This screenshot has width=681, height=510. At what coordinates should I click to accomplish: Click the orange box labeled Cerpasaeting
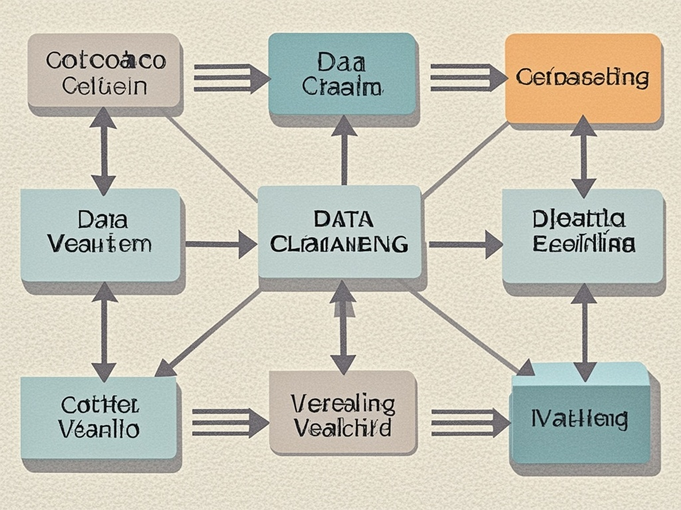(583, 78)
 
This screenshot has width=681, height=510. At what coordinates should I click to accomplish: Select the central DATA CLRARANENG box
(339, 231)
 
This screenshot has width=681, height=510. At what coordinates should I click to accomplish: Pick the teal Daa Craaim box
(342, 74)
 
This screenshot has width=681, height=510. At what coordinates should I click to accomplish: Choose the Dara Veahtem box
(100, 233)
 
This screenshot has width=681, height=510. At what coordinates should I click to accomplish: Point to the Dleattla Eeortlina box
(583, 232)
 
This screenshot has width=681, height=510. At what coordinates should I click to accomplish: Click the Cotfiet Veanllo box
(99, 417)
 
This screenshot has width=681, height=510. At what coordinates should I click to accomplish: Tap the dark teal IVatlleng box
(581, 418)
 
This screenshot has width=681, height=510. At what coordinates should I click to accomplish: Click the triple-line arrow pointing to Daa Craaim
(230, 78)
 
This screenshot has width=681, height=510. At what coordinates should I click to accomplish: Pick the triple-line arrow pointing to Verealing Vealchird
(229, 422)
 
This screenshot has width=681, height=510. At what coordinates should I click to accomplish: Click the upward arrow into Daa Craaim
(344, 149)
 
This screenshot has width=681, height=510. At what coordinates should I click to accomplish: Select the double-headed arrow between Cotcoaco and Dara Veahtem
(103, 151)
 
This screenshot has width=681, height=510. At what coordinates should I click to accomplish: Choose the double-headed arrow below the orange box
(583, 157)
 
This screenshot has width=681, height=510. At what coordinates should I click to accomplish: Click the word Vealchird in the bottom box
(342, 428)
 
